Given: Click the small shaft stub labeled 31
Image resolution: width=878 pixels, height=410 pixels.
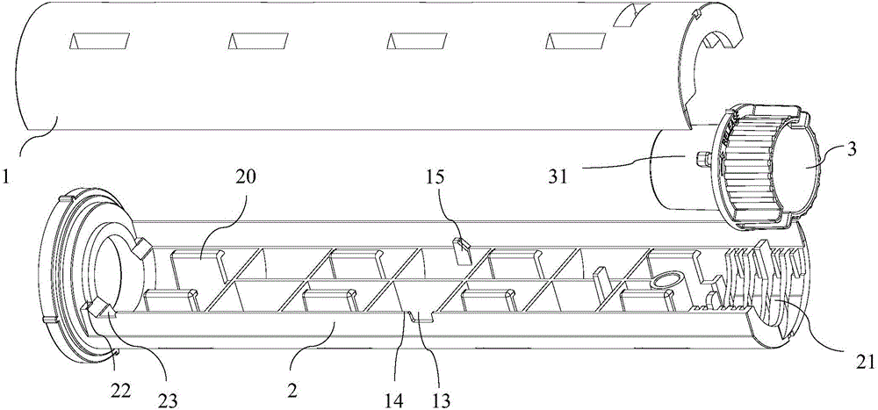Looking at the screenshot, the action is [700, 159].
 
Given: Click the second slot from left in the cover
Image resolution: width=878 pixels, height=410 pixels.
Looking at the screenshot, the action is [256, 41].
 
